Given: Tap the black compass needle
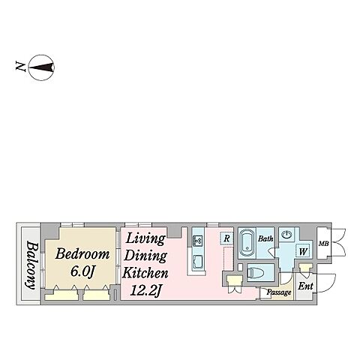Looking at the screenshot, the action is pos(41,67).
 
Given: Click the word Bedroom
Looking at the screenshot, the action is pos(82,253).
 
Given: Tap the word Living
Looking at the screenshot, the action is pos(145,238).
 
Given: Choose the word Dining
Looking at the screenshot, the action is pos(145,256).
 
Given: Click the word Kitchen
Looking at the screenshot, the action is pos(145,273).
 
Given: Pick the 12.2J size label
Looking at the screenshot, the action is pos(146,291).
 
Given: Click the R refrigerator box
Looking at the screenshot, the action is pos(226,238).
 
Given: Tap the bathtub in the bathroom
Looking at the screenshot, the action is pos(247,243).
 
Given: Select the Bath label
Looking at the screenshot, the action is pos(265,238).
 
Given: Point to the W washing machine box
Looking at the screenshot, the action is pos(303,251).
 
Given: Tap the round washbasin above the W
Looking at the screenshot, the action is pos(286,235).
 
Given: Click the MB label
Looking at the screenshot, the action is pos(323,243).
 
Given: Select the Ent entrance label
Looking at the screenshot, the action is pos(305,286).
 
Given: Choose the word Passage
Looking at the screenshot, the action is pos(279,292).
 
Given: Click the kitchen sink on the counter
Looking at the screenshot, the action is pos(199,240).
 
